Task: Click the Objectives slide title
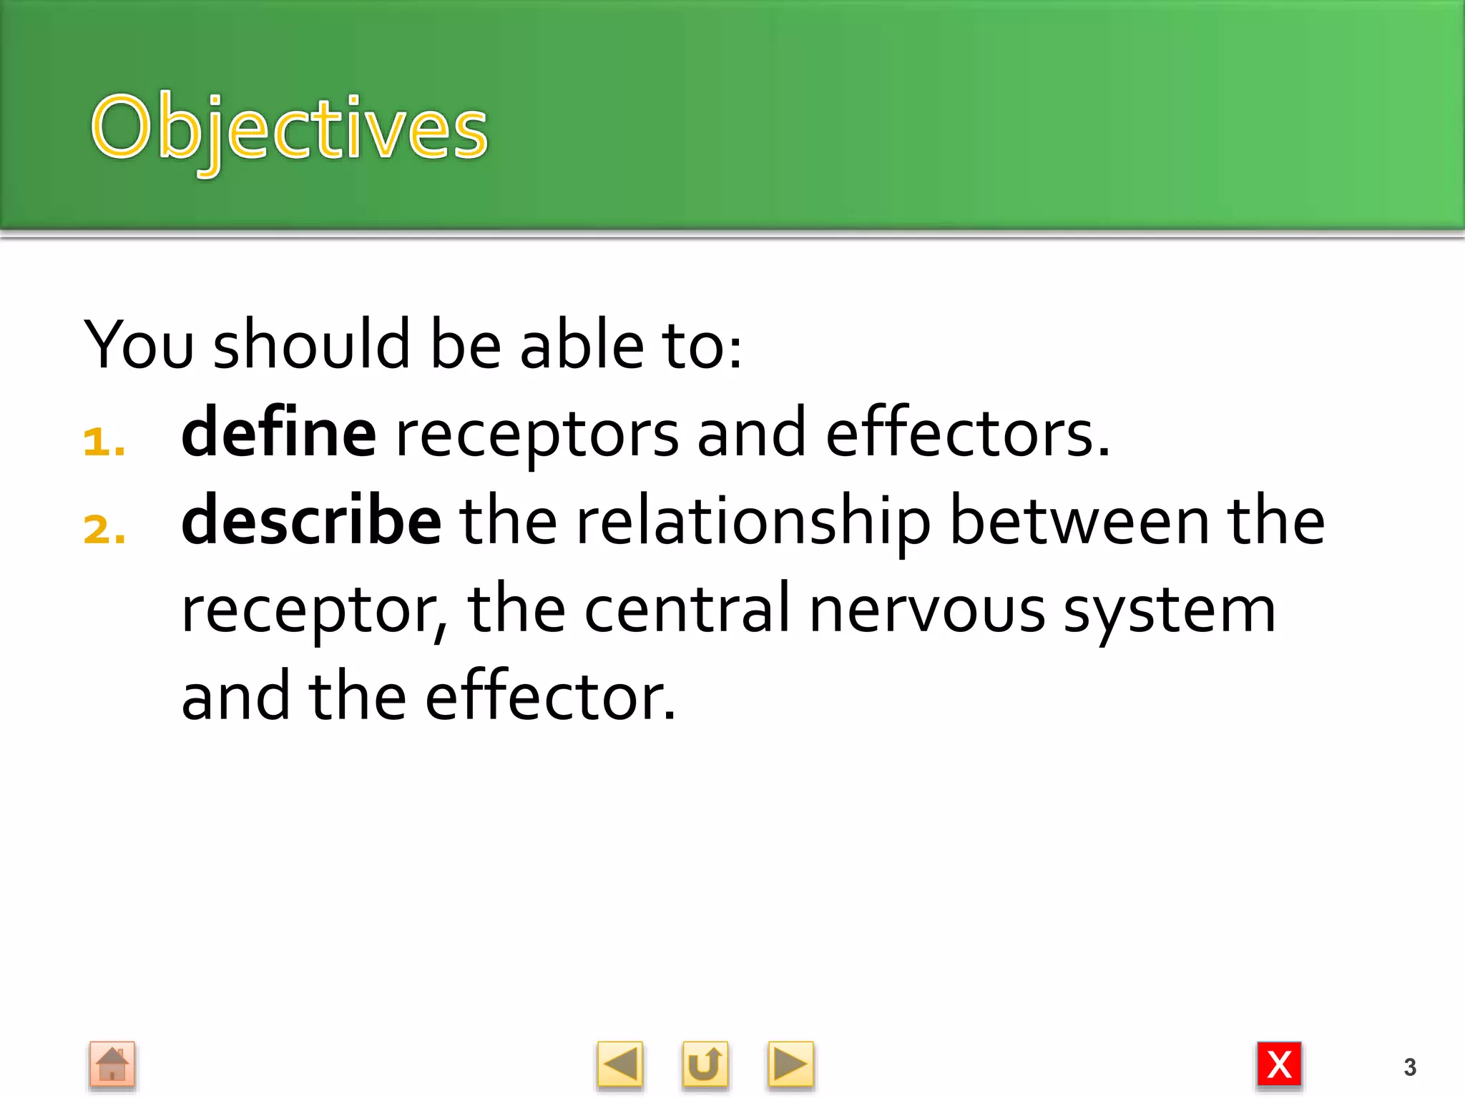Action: (x=289, y=129)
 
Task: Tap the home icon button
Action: (x=112, y=1064)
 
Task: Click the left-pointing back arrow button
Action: (x=619, y=1064)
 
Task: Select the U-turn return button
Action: (x=705, y=1064)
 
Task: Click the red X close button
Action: (x=1279, y=1064)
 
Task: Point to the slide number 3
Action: (x=1409, y=1067)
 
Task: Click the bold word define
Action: (x=278, y=433)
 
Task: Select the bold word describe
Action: (x=311, y=521)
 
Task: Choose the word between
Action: (x=1079, y=521)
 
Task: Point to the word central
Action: (x=687, y=609)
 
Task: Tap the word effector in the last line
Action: (x=549, y=697)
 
